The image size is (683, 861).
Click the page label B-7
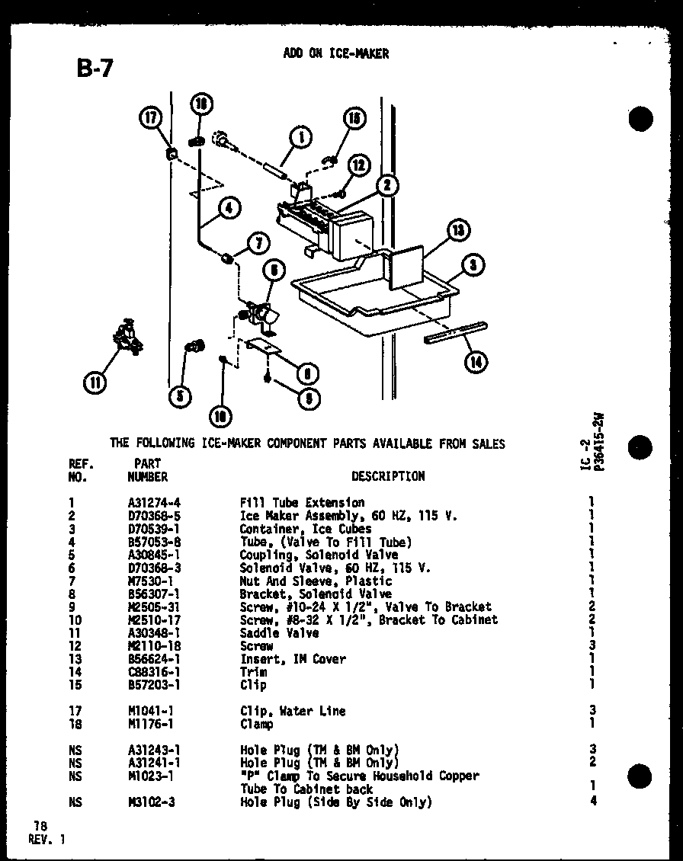click(95, 68)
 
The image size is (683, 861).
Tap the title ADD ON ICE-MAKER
click(335, 53)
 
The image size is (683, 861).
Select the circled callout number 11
click(95, 383)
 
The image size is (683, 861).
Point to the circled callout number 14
click(476, 362)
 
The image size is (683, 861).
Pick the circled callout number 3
click(473, 265)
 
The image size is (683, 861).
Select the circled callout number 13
click(457, 232)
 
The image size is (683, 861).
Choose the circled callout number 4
click(228, 206)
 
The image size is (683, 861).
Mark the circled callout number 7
click(258, 244)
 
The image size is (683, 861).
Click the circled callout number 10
click(220, 416)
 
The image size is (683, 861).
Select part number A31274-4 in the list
click(154, 503)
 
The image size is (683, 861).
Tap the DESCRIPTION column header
click(388, 476)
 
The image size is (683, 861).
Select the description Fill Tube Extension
click(302, 503)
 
